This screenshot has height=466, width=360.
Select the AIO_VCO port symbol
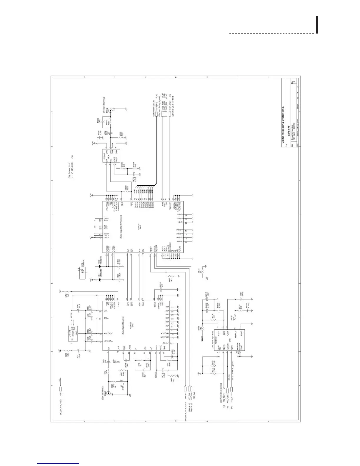[x=232, y=390]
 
